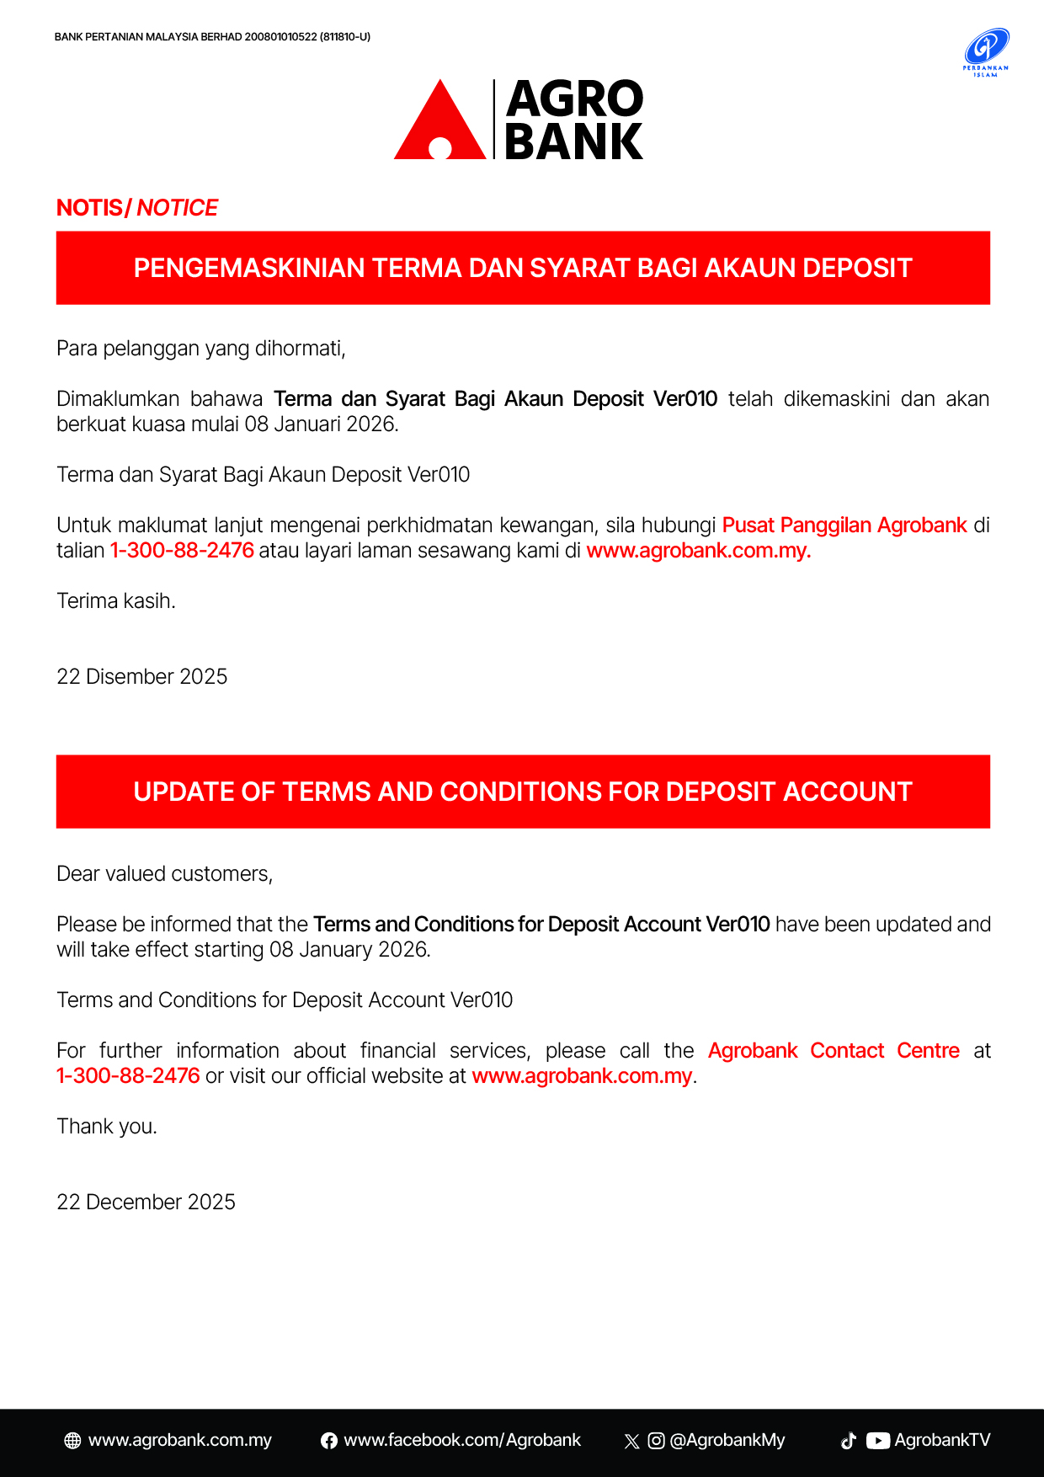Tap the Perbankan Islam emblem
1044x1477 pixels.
(986, 52)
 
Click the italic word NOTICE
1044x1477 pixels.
(177, 208)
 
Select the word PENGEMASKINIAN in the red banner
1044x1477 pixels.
(249, 268)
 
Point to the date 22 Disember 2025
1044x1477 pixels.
(141, 677)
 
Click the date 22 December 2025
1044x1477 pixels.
(146, 1202)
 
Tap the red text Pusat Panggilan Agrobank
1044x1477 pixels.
(844, 525)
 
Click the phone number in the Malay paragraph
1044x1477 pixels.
(182, 551)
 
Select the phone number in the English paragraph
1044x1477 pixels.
(128, 1076)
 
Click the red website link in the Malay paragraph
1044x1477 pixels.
(698, 551)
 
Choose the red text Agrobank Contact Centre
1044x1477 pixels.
(834, 1051)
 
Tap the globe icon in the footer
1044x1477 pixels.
(73, 1441)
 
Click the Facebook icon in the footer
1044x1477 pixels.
(329, 1441)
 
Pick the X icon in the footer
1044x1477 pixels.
(631, 1441)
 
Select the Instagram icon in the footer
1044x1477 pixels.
(657, 1441)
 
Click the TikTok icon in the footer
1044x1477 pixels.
(849, 1441)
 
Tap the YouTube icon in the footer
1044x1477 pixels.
(878, 1441)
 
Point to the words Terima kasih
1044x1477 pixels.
(115, 601)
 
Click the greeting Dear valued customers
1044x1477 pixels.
(164, 874)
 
